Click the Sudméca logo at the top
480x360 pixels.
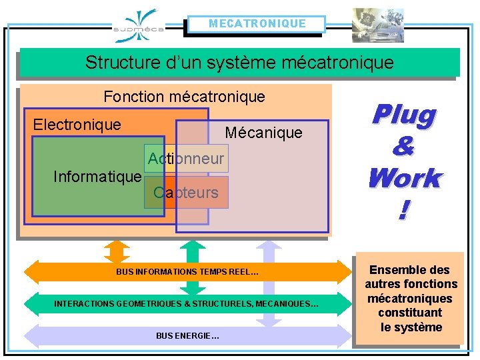tap(138, 25)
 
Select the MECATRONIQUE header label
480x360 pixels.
tap(257, 24)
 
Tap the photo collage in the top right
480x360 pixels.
tap(378, 25)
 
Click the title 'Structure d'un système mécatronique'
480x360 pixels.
tap(239, 63)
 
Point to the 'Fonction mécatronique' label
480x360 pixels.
tap(184, 97)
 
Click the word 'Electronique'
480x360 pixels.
tap(77, 125)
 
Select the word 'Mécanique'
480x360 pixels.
tap(263, 133)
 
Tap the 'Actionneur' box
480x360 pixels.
tap(186, 159)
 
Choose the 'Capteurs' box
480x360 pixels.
tap(186, 193)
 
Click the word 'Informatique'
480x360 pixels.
tap(97, 177)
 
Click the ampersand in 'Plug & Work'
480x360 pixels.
tap(403, 147)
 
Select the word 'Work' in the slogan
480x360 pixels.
tap(404, 178)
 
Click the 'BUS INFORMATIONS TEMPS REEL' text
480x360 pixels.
tap(187, 272)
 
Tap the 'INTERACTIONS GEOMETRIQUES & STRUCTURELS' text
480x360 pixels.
tap(186, 304)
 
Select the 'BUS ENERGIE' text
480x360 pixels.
tap(187, 335)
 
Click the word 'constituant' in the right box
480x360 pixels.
tap(410, 313)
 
